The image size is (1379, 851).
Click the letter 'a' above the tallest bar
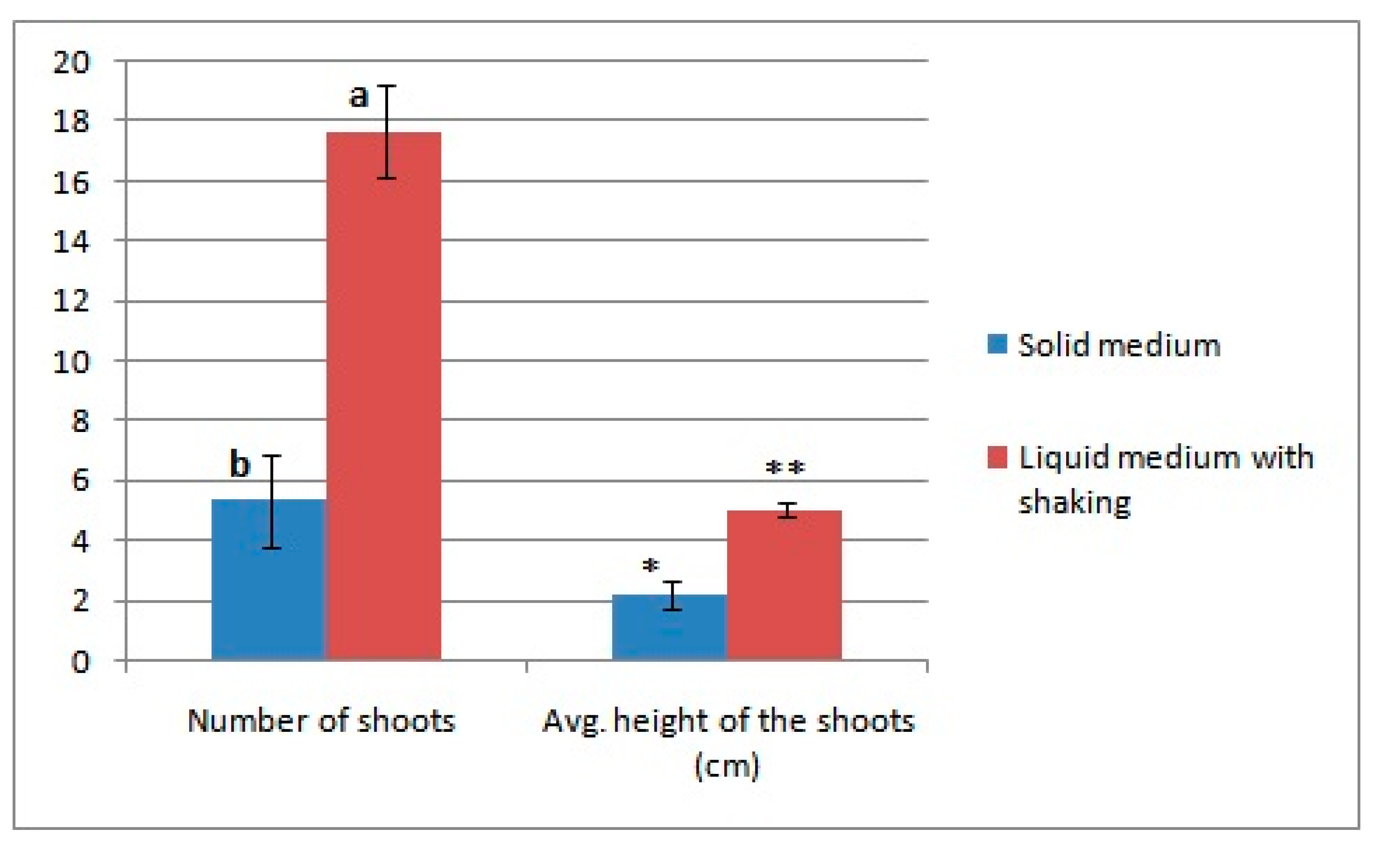tap(359, 96)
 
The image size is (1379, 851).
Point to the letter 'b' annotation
tap(240, 465)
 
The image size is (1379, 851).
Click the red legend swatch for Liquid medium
tap(997, 458)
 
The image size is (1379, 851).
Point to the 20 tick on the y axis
tap(72, 61)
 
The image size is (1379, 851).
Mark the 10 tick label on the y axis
tap(72, 362)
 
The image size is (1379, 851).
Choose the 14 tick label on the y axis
tap(72, 242)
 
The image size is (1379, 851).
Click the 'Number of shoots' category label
tap(321, 721)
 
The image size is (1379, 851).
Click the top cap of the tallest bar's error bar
tap(386, 86)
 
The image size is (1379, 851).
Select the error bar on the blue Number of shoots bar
tap(272, 501)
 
